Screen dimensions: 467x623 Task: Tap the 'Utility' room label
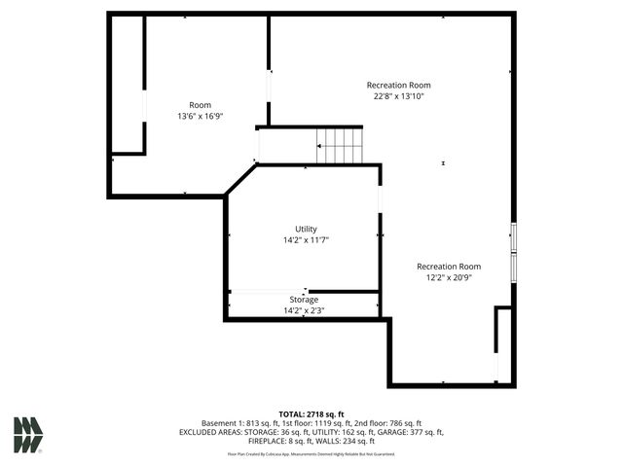(306, 230)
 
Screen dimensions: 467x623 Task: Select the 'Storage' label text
(304, 300)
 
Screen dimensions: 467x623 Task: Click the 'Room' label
(200, 105)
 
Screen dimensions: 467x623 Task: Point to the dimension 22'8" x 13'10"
(397, 96)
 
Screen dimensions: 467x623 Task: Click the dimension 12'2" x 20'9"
(449, 277)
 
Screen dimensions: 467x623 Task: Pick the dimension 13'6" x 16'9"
(200, 117)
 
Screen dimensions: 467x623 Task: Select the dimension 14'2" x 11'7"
(306, 240)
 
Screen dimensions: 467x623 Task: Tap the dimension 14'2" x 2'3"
(304, 310)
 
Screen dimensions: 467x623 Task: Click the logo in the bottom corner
(28, 435)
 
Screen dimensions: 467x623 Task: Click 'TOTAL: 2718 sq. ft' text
(311, 414)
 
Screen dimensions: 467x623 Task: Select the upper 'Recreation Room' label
(398, 85)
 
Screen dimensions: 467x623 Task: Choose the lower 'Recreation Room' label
(449, 267)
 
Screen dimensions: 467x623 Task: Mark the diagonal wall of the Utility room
(240, 180)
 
